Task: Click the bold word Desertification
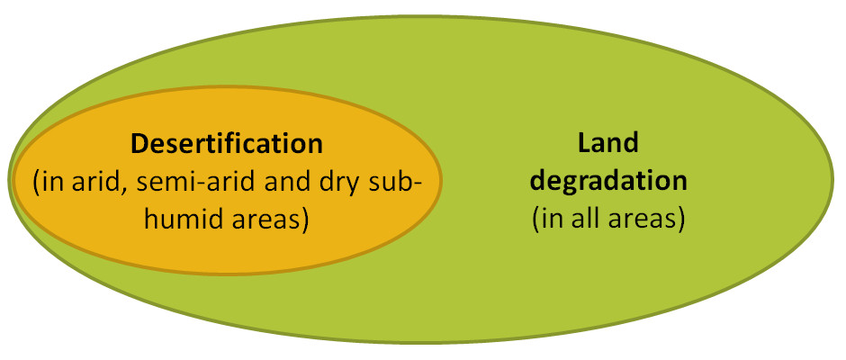pos(226,143)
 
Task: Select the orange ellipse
pos(225,252)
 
